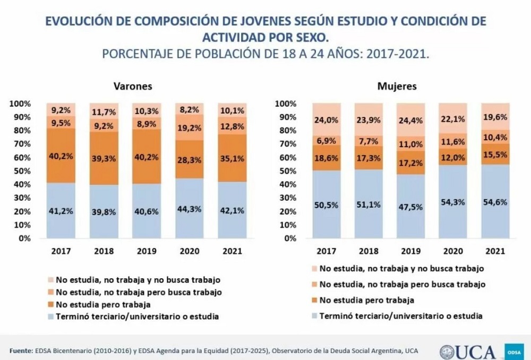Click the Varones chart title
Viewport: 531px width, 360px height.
pos(132,86)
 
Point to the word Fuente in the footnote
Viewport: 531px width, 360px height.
pos(21,350)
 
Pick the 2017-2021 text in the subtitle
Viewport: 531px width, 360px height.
pos(391,54)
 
